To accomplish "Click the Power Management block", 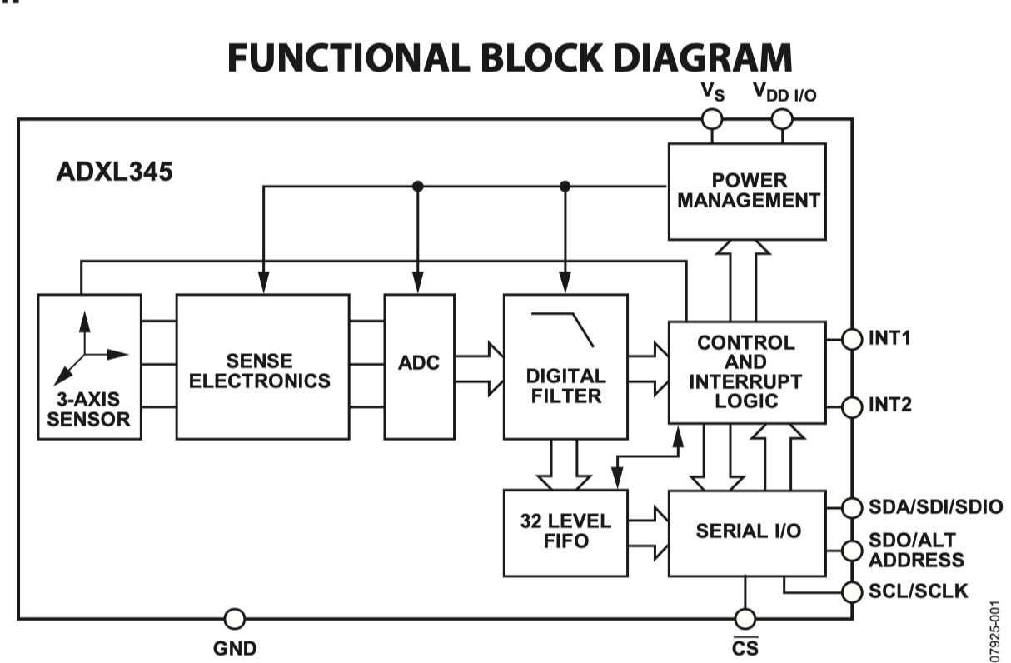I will [x=746, y=191].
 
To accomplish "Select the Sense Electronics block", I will [x=262, y=366].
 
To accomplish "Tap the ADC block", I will [x=419, y=366].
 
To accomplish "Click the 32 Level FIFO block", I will [x=565, y=532].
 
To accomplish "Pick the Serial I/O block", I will [x=747, y=532].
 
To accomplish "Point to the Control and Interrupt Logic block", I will [x=747, y=371].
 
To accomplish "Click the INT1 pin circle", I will [x=852, y=339].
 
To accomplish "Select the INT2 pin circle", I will [x=852, y=406].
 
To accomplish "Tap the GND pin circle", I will [x=235, y=619].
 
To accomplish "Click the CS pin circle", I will [x=745, y=619].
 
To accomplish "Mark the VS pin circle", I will [x=712, y=119].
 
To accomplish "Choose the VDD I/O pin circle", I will [x=782, y=119].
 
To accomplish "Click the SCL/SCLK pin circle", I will [x=852, y=592].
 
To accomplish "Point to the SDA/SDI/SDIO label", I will [x=935, y=506].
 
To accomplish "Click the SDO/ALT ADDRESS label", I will [x=916, y=550].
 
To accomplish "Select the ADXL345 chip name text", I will [x=115, y=172].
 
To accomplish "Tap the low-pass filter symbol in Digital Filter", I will [x=563, y=328].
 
